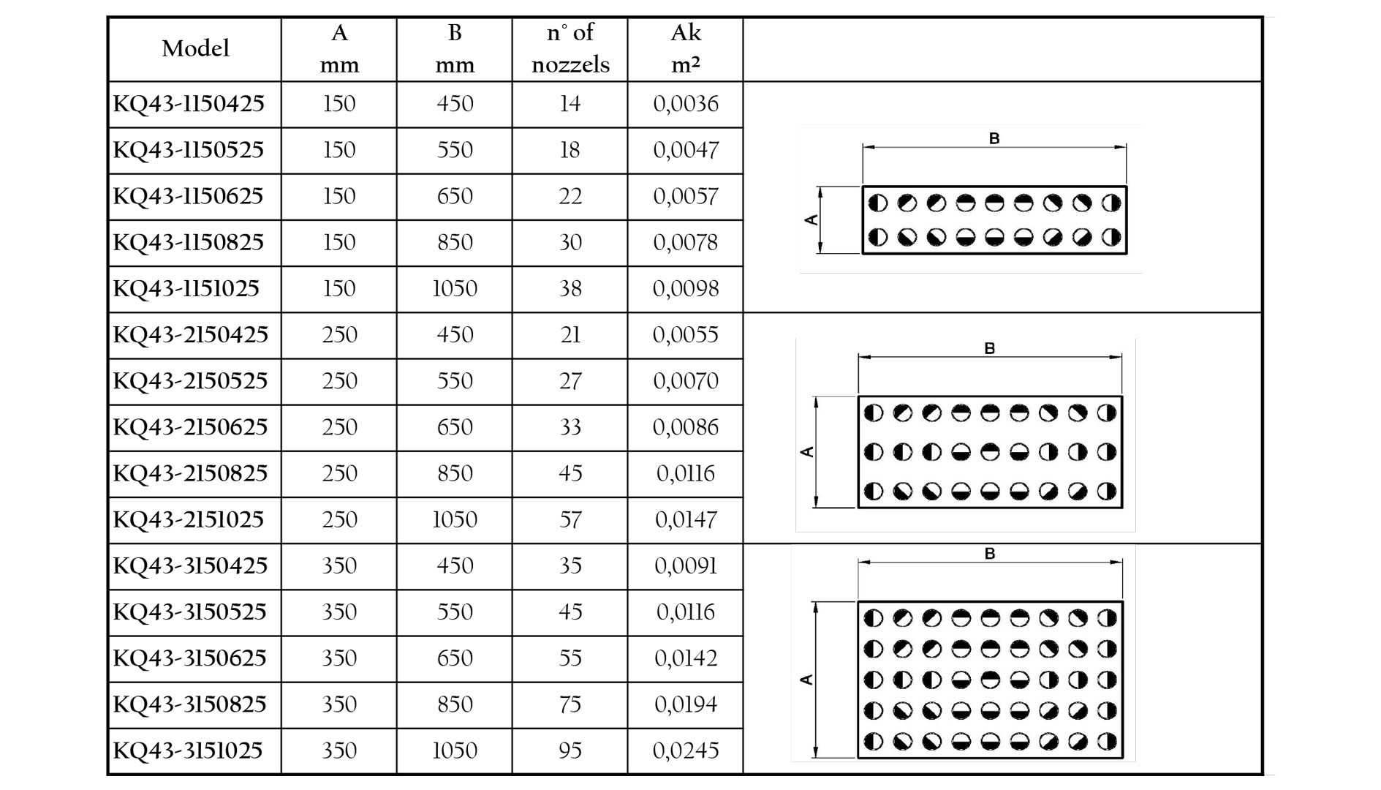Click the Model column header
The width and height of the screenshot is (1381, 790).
[195, 49]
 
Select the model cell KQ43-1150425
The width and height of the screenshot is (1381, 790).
[189, 104]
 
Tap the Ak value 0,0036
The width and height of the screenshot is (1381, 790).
[686, 104]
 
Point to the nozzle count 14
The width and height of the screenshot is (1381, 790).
[570, 104]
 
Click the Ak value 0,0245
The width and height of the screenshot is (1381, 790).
[686, 750]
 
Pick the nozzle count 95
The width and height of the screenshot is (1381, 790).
[570, 750]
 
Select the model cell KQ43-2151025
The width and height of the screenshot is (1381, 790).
[188, 519]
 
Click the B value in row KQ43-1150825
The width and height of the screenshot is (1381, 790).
[455, 242]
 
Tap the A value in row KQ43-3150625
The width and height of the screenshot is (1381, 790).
[339, 658]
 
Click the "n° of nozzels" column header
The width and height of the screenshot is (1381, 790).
[570, 48]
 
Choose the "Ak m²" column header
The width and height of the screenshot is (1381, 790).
[686, 48]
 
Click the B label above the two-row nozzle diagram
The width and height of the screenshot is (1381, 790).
[994, 138]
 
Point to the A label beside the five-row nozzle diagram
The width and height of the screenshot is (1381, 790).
[807, 680]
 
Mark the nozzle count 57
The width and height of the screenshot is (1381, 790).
[570, 519]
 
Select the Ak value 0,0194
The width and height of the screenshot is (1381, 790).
[686, 704]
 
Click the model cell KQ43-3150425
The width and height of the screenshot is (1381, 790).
[190, 566]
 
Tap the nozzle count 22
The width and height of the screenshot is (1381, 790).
[570, 196]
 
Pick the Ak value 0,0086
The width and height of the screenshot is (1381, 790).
[686, 427]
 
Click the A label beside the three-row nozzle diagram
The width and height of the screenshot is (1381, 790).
[807, 452]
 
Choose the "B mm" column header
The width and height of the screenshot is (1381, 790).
[455, 48]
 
